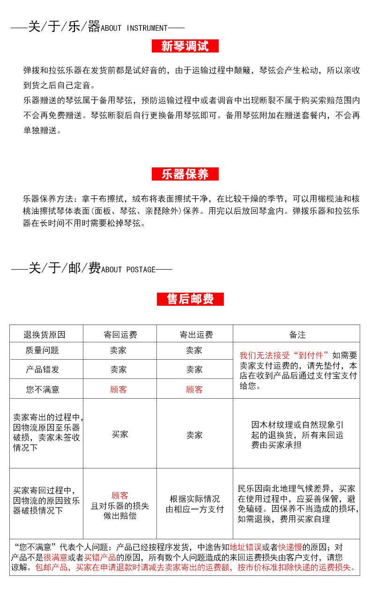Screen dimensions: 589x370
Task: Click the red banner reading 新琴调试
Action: coord(185,46)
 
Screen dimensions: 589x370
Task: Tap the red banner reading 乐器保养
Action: coord(185,174)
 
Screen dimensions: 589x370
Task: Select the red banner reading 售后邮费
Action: coord(190,299)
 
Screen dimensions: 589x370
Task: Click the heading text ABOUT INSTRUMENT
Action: coord(134,28)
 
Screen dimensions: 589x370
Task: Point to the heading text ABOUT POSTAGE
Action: coord(128,270)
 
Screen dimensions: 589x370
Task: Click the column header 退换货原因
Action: coord(44,335)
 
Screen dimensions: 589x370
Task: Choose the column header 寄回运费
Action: coord(120,335)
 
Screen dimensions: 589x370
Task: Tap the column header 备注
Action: coord(297,335)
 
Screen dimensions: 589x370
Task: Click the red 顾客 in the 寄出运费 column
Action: coord(194,389)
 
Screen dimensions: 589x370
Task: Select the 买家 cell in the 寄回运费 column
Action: coord(120,434)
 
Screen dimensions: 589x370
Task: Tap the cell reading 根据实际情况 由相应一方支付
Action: coord(194,504)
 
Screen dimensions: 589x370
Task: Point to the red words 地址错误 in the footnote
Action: coord(245,547)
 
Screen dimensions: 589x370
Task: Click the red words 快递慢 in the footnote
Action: coord(291,547)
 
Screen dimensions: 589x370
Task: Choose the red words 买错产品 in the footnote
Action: coord(100,557)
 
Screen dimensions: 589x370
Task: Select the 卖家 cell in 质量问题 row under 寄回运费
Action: coord(118,350)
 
